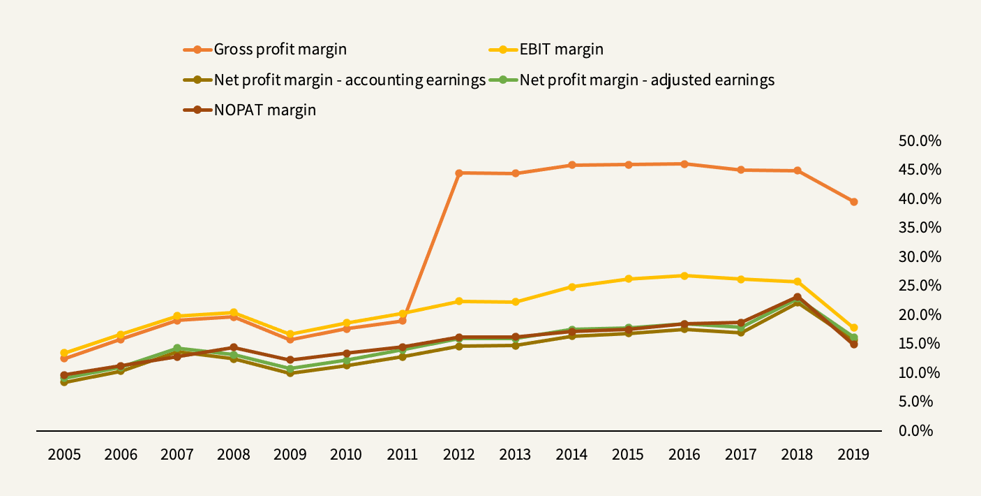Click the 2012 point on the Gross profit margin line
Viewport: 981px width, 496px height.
pos(458,173)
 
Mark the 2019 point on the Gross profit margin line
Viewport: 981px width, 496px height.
pos(853,202)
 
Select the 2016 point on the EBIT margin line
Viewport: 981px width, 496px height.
pos(684,276)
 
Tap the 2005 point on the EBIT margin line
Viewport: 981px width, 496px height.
pos(64,353)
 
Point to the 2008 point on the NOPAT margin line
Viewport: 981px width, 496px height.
pos(234,347)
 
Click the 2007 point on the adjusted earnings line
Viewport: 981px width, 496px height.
pos(177,348)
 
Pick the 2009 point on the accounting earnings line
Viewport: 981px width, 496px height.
pos(290,373)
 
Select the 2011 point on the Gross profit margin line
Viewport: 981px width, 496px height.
pos(403,321)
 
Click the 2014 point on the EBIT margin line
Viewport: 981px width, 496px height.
pos(571,286)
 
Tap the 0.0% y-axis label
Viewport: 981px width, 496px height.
pos(917,430)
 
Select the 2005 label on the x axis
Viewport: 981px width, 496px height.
pos(64,455)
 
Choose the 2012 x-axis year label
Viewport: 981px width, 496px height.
pos(458,455)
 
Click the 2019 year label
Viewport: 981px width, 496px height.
pos(853,455)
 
